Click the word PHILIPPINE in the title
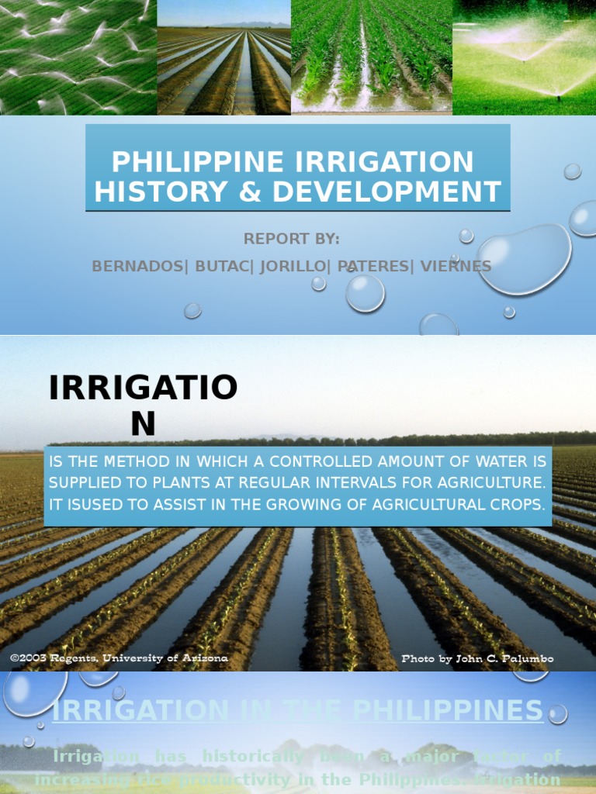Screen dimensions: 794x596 (x=197, y=162)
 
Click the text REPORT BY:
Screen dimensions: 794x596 (x=292, y=239)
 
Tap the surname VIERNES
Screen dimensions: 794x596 (x=456, y=266)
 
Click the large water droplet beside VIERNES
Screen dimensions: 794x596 (x=525, y=258)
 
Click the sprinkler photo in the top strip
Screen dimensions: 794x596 (x=524, y=57)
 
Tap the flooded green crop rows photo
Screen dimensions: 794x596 (x=371, y=57)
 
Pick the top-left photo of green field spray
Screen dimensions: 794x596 (x=78, y=57)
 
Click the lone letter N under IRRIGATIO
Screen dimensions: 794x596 (x=143, y=423)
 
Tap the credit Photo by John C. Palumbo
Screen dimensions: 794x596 (x=477, y=659)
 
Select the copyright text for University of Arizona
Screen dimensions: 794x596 (x=119, y=658)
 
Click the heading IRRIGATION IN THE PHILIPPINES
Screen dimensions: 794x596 (x=297, y=710)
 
